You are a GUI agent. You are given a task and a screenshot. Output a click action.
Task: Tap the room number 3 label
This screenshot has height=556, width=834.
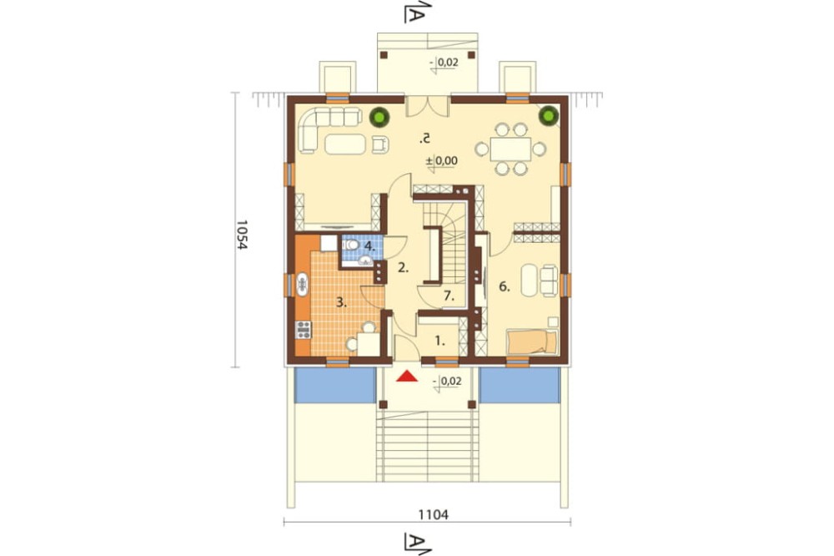pyautogui.click(x=341, y=303)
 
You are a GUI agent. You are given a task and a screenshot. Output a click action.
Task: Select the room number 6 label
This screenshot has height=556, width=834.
pyautogui.click(x=505, y=287)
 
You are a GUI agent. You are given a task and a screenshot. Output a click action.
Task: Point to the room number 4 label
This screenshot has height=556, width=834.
pyautogui.click(x=370, y=246)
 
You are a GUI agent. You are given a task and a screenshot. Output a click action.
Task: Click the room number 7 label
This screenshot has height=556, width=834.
pyautogui.click(x=449, y=296)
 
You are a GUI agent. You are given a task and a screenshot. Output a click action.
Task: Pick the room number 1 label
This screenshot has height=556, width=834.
pyautogui.click(x=440, y=341)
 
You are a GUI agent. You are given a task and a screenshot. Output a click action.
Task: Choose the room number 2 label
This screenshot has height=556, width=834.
pyautogui.click(x=403, y=268)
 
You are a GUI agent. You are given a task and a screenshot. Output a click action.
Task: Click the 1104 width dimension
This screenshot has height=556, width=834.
pyautogui.click(x=433, y=514)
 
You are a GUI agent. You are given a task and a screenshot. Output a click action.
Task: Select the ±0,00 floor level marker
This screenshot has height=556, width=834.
pyautogui.click(x=441, y=160)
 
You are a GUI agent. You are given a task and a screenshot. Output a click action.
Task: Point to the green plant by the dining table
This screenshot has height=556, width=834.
pyautogui.click(x=549, y=115)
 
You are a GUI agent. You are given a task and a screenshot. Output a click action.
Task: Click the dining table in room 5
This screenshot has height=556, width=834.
pyautogui.click(x=510, y=149)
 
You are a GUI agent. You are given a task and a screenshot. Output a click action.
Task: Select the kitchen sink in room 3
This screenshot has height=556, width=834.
pyautogui.click(x=302, y=284)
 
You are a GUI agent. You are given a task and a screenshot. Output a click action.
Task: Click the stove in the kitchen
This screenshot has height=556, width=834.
pyautogui.click(x=304, y=330)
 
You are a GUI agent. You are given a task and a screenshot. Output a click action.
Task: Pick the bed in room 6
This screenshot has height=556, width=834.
pyautogui.click(x=532, y=342)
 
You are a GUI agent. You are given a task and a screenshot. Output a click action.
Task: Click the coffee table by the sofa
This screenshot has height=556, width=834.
pyautogui.click(x=346, y=144)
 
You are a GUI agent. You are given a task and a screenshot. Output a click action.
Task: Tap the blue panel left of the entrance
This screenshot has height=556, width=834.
pyautogui.click(x=334, y=385)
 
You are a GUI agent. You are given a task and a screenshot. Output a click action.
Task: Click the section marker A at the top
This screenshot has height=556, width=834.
pyautogui.click(x=416, y=12)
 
